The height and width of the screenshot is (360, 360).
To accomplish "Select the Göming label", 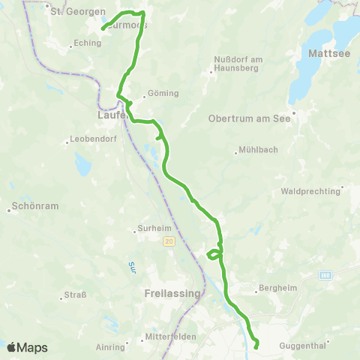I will coord(164,94).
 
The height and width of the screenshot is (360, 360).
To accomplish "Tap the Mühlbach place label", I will coord(257,149).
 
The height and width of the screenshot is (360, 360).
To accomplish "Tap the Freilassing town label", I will coord(172,293).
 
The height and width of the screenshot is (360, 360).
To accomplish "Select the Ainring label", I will coord(110,347).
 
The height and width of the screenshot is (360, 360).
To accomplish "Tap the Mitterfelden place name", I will coord(171,337).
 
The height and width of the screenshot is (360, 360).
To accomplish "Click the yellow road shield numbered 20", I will coord(169,241).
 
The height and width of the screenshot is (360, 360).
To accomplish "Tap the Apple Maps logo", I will coord(28,347).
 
